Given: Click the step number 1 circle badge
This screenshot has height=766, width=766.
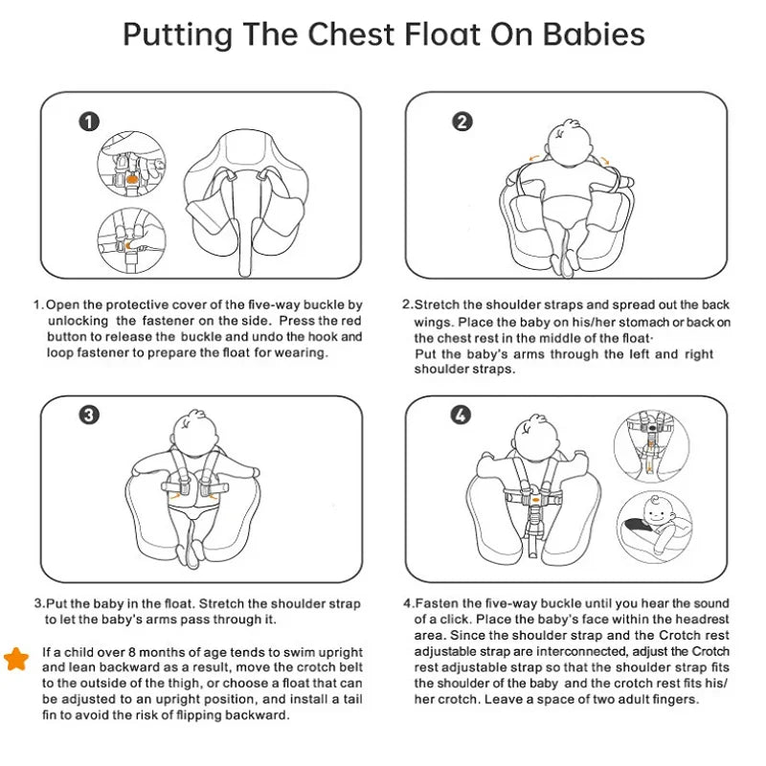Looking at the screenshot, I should coord(89,122).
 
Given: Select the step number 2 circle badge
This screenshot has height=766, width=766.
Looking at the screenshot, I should coord(462,122).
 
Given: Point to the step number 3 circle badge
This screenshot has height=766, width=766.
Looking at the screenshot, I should coord(89,415).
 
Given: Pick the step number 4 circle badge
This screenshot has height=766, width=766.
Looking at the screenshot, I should coord(462,415).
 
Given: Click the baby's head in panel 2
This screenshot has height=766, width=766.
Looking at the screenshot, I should coord(567,144).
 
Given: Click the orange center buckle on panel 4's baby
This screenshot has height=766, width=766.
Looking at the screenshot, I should coord(537,498).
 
